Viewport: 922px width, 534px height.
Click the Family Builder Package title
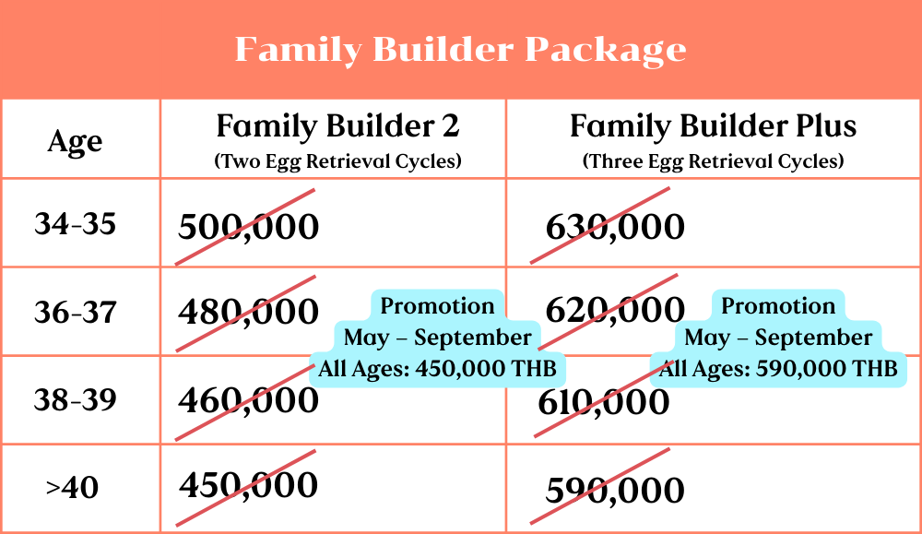[460, 50]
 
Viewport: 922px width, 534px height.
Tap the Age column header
[76, 142]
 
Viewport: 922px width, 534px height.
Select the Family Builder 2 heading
[337, 126]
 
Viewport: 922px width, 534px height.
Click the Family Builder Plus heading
[713, 126]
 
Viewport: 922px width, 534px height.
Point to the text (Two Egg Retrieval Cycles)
[337, 161]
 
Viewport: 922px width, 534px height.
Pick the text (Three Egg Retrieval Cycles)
[713, 161]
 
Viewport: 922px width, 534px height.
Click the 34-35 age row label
[76, 224]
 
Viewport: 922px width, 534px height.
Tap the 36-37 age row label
[76, 312]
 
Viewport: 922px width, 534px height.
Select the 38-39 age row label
[76, 399]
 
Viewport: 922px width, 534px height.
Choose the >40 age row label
[72, 488]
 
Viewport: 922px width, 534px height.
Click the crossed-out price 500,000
[248, 227]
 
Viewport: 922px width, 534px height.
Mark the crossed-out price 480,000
[248, 312]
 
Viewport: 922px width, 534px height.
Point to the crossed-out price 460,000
[248, 400]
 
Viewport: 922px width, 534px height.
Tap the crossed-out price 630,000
[615, 227]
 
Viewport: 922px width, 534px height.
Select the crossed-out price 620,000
[615, 310]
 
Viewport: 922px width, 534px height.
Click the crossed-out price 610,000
[604, 403]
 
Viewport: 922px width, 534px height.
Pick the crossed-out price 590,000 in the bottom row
[615, 490]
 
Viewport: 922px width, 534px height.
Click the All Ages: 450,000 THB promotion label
[437, 369]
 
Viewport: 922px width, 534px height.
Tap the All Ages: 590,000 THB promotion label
[778, 369]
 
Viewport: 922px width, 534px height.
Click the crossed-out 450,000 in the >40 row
[248, 485]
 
